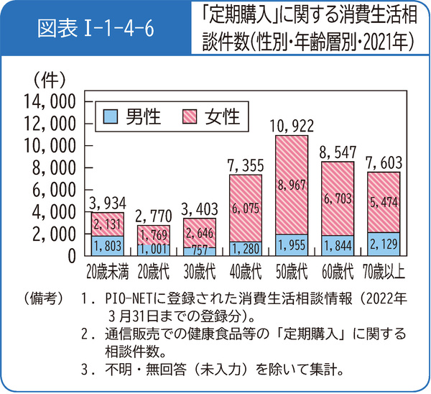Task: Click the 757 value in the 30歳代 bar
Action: (x=198, y=250)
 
